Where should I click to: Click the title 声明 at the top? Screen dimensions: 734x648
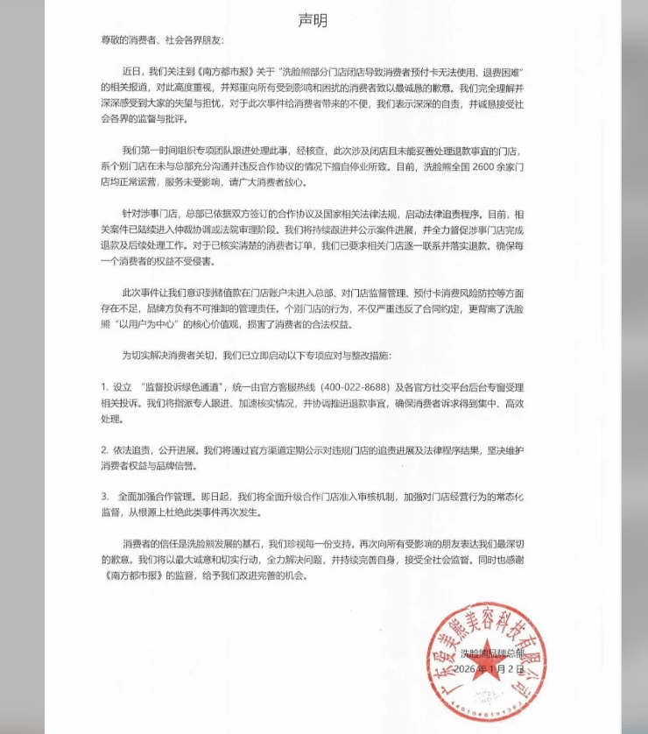[x=312, y=19]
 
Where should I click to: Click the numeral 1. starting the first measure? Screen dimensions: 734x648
[x=103, y=387]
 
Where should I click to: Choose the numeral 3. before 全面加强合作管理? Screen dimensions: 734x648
[x=103, y=496]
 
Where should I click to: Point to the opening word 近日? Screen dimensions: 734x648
[x=131, y=74]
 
